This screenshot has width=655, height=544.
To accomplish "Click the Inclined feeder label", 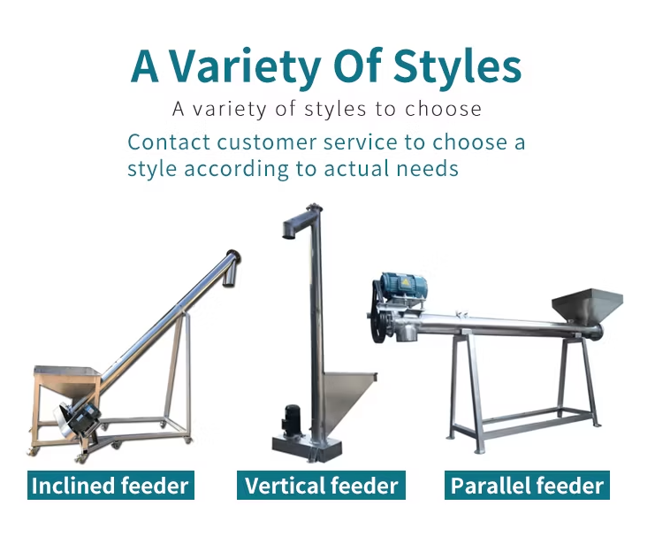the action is tap(110, 485).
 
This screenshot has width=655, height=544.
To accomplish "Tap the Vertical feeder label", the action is tap(321, 485).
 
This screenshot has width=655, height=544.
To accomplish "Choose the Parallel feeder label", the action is tap(527, 485).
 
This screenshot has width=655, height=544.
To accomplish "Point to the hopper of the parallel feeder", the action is tap(587, 305).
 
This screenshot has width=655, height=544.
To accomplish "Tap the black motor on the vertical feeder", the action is tap(290, 420).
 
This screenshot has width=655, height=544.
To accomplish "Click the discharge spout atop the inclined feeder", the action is tap(231, 268).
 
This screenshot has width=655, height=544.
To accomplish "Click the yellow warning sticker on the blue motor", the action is tap(405, 282).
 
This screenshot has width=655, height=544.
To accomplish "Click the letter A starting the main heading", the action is tap(145, 66).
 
